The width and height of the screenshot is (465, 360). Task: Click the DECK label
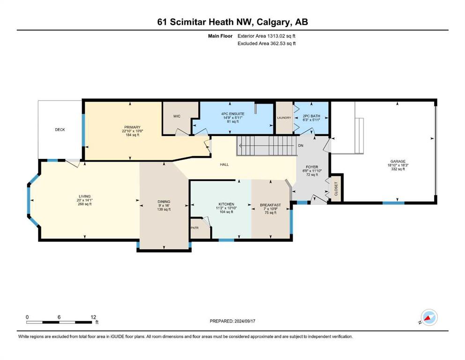click(x=60, y=130)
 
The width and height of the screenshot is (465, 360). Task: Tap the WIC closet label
click(x=177, y=116)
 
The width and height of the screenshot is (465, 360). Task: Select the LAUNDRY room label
click(x=284, y=118)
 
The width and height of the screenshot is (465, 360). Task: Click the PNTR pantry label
click(x=194, y=228)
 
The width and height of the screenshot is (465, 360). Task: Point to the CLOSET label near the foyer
click(x=336, y=189)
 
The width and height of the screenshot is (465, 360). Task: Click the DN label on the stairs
click(x=301, y=146)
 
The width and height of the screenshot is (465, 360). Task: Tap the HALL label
click(x=224, y=165)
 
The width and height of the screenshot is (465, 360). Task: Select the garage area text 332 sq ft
click(x=398, y=169)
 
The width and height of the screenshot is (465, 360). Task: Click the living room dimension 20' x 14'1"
click(x=84, y=200)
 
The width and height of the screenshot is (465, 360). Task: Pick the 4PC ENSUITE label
click(x=233, y=113)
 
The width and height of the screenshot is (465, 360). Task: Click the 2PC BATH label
click(x=311, y=116)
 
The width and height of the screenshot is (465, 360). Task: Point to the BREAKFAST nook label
click(x=271, y=205)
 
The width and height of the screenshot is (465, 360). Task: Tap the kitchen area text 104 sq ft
click(x=226, y=212)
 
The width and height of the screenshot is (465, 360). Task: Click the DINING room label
click(x=164, y=202)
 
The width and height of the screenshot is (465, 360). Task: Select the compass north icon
click(x=429, y=317)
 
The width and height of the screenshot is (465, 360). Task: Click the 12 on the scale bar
click(x=93, y=317)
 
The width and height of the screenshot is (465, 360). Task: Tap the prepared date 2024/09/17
click(x=244, y=321)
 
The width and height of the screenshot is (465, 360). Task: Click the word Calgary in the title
click(x=274, y=22)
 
